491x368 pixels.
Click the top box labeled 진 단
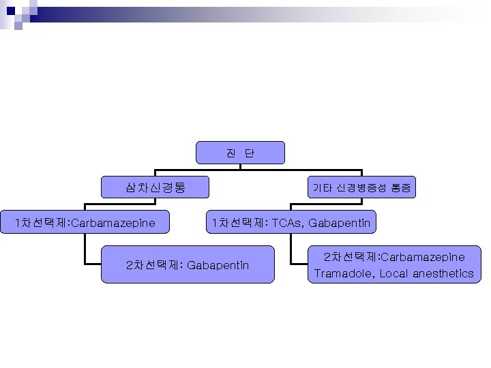click(x=240, y=153)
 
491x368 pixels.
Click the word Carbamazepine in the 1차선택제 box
click(x=113, y=223)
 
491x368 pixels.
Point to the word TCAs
click(x=287, y=223)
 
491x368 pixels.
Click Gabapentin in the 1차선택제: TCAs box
click(x=340, y=223)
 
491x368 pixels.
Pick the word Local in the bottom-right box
click(x=394, y=274)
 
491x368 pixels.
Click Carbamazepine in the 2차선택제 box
click(x=423, y=257)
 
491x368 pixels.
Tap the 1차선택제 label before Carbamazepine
click(x=45, y=223)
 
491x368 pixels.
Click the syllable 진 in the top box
click(x=230, y=153)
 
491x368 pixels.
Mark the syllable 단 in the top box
click(x=250, y=153)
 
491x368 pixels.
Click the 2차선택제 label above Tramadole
click(x=351, y=257)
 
